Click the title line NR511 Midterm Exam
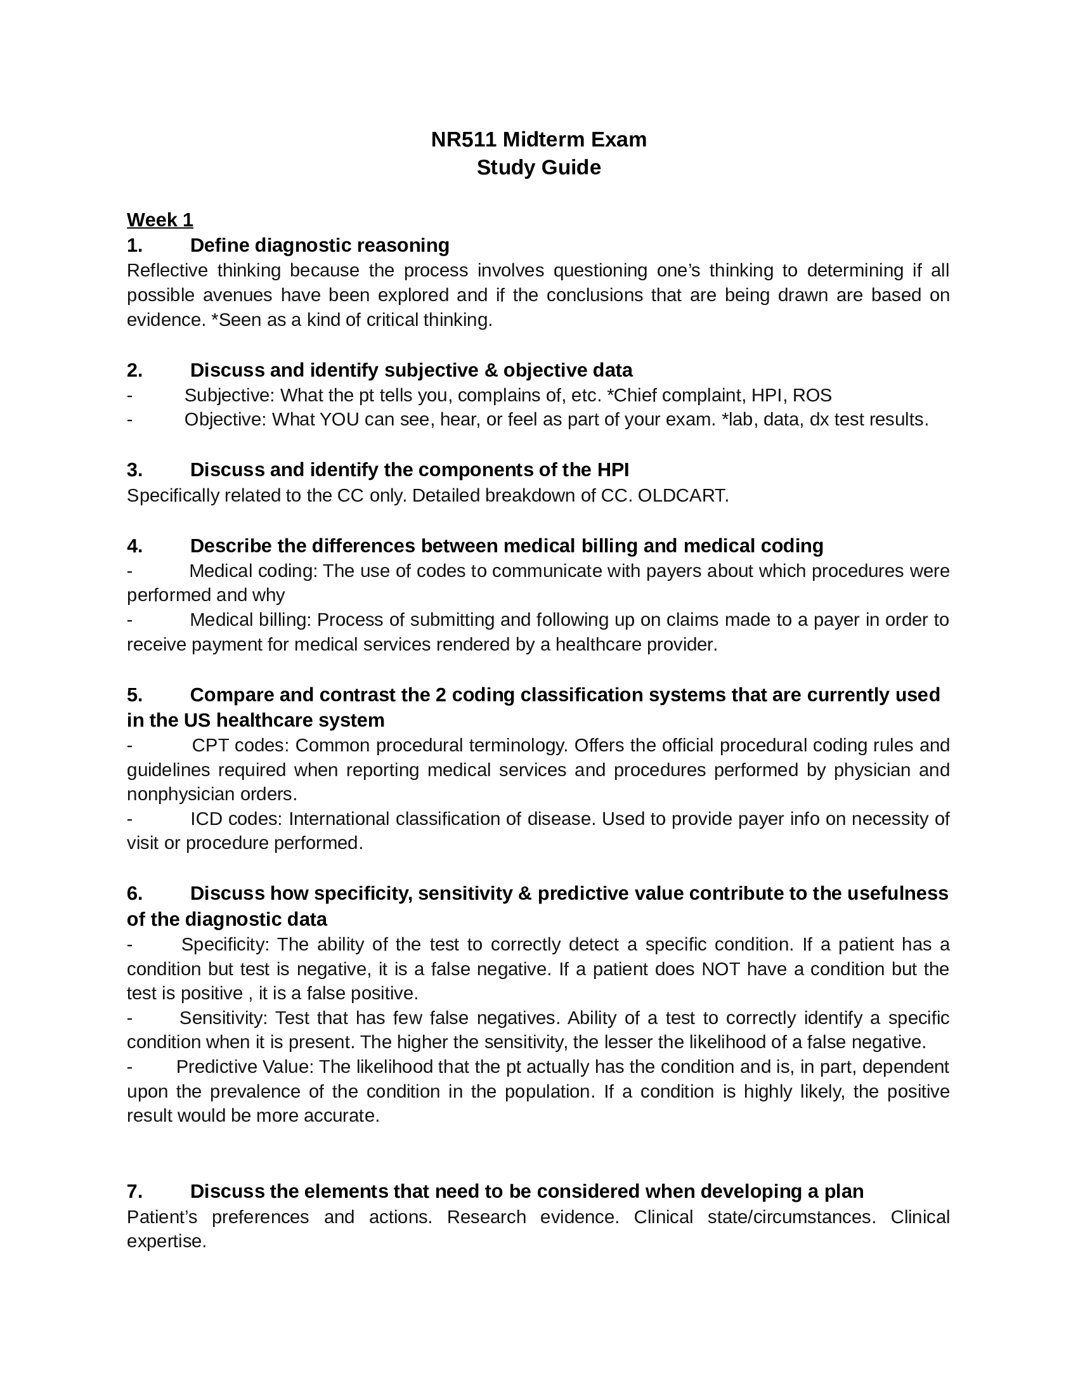538,139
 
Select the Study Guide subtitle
538,167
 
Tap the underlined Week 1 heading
160,220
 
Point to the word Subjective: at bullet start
230,396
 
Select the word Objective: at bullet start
226,420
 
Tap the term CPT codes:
241,746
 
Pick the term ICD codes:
236,819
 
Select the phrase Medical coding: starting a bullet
253,571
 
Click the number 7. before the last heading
134,1191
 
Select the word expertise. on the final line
167,1241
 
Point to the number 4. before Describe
134,545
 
